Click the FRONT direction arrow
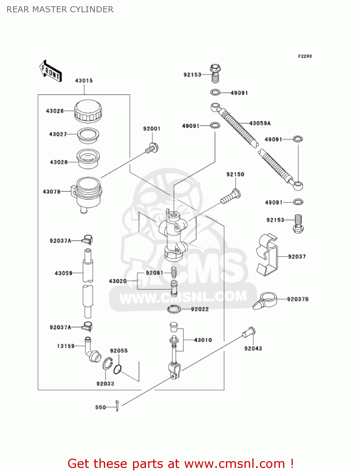pos(51,71)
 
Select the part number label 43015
pos(84,81)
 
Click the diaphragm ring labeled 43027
pos(88,135)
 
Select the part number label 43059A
pos(260,123)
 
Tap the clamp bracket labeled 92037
pos(267,255)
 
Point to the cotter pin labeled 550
pos(117,406)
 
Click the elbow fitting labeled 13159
pos(91,349)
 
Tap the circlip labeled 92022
pos(174,309)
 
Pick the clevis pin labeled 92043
pos(249,332)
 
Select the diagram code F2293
pos(305,56)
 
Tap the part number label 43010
pos(203,340)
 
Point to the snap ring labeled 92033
pos(107,365)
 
